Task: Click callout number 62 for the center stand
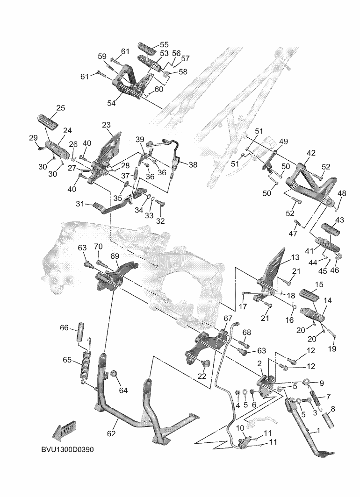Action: pos(111,433)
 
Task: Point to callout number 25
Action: pos(60,108)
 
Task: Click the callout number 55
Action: pos(164,45)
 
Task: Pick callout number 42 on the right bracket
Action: pos(311,153)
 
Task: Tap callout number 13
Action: pos(295,258)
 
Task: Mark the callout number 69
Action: pos(115,256)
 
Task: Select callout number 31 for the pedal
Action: pos(80,204)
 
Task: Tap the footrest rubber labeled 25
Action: pos(49,121)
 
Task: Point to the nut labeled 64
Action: pos(113,375)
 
